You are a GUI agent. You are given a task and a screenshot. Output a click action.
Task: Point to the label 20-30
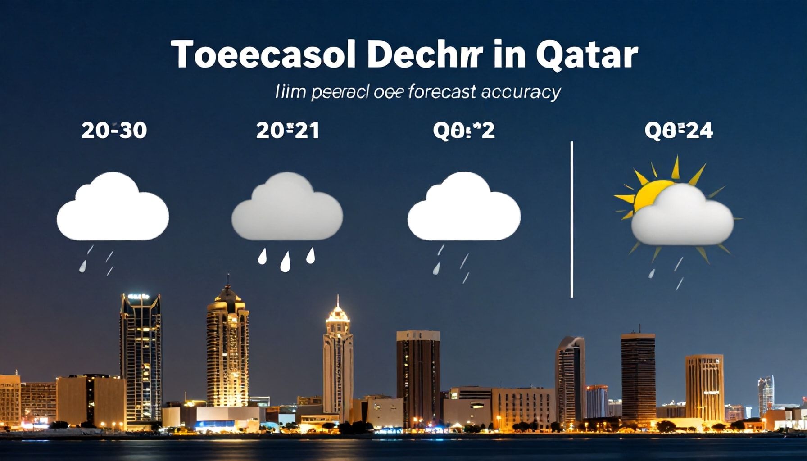point(114,131)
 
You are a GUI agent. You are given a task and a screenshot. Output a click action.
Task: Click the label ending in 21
point(288,131)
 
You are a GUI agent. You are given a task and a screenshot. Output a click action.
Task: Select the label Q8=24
point(679,131)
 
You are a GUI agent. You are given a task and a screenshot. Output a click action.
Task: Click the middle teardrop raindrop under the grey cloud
point(285,262)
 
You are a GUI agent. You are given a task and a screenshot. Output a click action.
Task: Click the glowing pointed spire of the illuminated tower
point(338,311)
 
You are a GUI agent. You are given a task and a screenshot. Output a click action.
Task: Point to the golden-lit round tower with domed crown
point(227,351)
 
